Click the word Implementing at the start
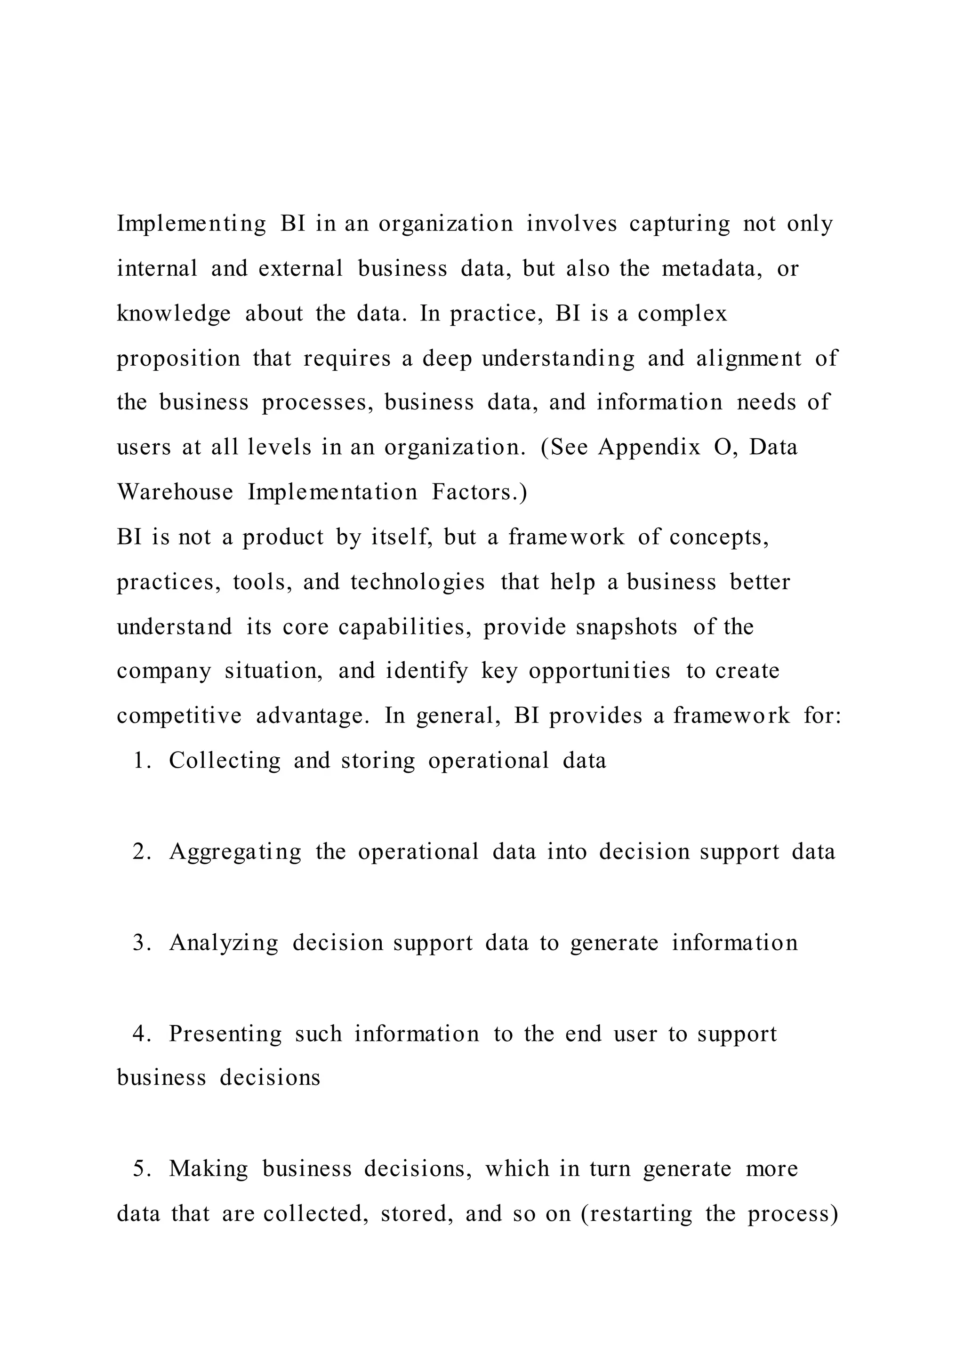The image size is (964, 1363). pyautogui.click(x=191, y=224)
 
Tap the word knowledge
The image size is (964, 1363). pyautogui.click(x=173, y=314)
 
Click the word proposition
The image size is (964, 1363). pyautogui.click(x=178, y=359)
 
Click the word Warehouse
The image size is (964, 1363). pyautogui.click(x=175, y=492)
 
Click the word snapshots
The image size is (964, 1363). pyautogui.click(x=626, y=627)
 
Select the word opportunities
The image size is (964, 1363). pyautogui.click(x=600, y=671)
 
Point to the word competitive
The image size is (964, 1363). pyautogui.click(x=179, y=716)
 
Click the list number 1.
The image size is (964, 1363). pyautogui.click(x=141, y=761)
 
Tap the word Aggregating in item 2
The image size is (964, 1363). pyautogui.click(x=235, y=852)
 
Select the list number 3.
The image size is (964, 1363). pyautogui.click(x=141, y=943)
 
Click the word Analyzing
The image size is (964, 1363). pyautogui.click(x=224, y=943)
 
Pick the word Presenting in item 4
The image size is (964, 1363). pyautogui.click(x=225, y=1034)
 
